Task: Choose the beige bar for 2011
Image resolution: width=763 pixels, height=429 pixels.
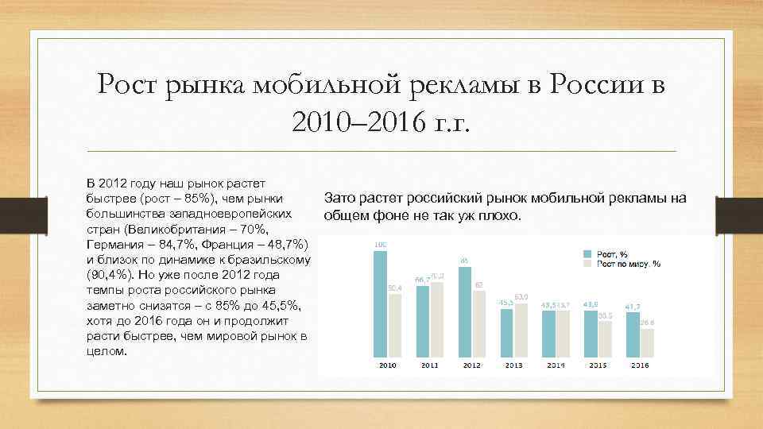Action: (436, 317)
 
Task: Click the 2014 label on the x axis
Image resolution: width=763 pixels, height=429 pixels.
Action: (556, 365)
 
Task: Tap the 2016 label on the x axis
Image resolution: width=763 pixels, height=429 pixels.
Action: (639, 365)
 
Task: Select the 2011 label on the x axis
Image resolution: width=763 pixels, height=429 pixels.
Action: (430, 365)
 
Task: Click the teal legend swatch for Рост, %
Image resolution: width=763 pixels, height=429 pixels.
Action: (587, 253)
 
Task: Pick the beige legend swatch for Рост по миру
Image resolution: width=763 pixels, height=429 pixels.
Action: (587, 263)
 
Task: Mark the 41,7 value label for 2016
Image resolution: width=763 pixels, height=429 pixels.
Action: (633, 306)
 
